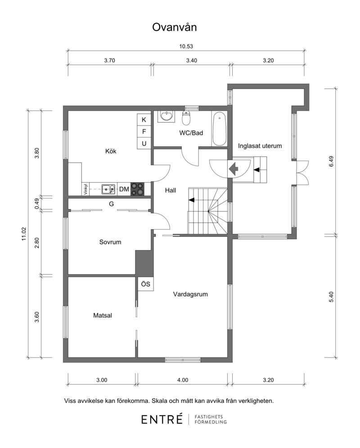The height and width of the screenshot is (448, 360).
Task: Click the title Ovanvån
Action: tap(174, 27)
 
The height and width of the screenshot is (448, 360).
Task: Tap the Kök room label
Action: tap(111, 151)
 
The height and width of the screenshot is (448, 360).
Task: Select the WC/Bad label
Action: tap(191, 133)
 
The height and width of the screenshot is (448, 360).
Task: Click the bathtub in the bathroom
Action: tap(219, 129)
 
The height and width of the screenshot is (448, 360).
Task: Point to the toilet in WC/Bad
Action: tap(186, 118)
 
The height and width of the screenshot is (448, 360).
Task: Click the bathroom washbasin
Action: tap(166, 116)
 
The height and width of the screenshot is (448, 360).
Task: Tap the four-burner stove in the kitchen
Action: tap(137, 189)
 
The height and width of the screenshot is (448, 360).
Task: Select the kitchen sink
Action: tap(108, 189)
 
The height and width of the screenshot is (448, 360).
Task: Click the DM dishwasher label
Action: tap(124, 189)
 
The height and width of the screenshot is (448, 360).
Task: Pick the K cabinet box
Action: tap(144, 120)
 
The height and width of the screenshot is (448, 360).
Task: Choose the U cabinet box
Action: tap(144, 143)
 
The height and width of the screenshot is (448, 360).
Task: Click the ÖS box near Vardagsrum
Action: tap(145, 284)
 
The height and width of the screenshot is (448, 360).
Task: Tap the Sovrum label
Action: tap(110, 242)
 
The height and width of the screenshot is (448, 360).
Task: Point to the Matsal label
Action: tap(102, 315)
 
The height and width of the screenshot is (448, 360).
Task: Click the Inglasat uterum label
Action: tap(260, 146)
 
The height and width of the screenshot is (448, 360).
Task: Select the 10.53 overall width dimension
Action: tap(186, 46)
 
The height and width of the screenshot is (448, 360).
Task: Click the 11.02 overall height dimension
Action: tap(24, 234)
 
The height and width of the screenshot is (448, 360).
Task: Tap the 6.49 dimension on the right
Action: tap(331, 161)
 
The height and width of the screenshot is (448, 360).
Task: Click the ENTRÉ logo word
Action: tap(162, 419)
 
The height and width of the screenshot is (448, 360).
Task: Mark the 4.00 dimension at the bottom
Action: tap(183, 380)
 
